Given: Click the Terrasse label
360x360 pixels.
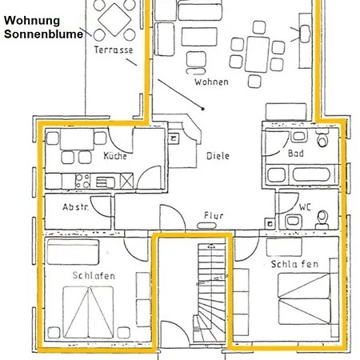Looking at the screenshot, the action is point(114,50).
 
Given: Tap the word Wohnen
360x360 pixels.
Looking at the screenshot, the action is point(211,82).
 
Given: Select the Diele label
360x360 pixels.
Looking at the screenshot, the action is point(218,156).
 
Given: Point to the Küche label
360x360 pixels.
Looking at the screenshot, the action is point(115,155).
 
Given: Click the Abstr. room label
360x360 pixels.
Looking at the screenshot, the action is point(75,207).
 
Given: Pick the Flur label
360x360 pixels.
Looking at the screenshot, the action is point(214,215).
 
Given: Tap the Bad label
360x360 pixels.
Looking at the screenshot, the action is point(296,154).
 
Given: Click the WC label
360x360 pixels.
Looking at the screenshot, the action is point(305,207).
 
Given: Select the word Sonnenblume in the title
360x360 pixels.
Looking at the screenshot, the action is point(43,34).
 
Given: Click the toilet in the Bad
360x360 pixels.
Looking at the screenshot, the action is point(322,138).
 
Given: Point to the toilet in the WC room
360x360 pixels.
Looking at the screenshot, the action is point(322,219).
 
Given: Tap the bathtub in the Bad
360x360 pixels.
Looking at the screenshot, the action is point(311,175).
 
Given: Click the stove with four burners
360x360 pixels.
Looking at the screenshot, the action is point(82,181).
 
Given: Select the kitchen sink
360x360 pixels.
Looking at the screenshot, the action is point(106,182).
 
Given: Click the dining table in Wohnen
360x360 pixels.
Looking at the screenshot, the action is point(257,54).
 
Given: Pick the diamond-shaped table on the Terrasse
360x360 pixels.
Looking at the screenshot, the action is point(114,20).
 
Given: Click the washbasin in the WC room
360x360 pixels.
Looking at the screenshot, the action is point(294,222).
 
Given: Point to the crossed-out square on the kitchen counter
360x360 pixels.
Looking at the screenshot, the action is point(126,181).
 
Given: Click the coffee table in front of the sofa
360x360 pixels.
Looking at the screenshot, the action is point(199,37).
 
